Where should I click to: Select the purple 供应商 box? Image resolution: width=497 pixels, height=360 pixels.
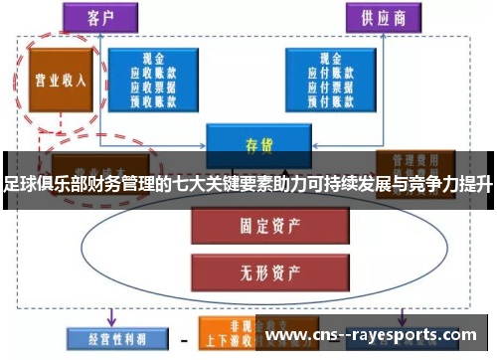385,18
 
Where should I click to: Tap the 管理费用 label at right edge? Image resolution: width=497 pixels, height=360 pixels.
414,158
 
